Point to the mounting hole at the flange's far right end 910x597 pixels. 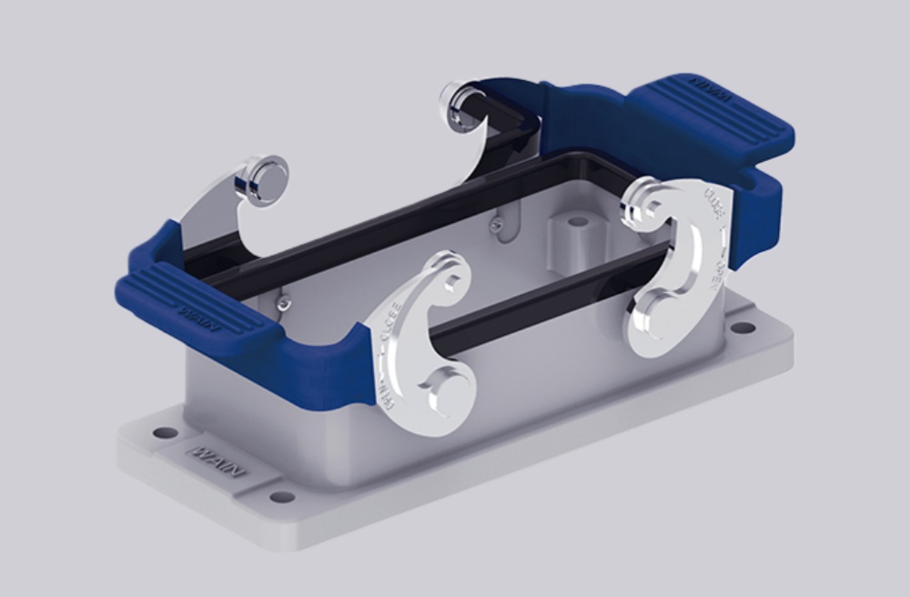(x=743, y=327)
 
